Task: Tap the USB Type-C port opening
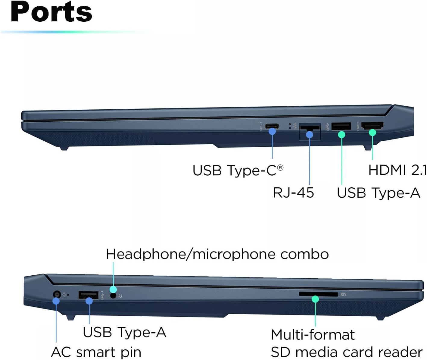tap(272, 126)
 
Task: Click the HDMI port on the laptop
tap(372, 125)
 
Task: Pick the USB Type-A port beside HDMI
tap(341, 126)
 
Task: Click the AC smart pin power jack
tap(57, 294)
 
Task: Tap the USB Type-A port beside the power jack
tap(89, 295)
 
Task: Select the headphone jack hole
tap(113, 296)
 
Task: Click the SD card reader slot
tap(318, 294)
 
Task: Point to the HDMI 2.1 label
tap(397, 170)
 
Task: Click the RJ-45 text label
tap(293, 193)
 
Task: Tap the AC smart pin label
tap(96, 352)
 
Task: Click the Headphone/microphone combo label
tap(217, 254)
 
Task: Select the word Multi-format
tap(313, 335)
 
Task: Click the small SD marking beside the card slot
tap(343, 295)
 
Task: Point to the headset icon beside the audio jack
tap(120, 296)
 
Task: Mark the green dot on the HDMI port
tap(372, 132)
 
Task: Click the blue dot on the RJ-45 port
tap(310, 135)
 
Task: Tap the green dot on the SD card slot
tap(315, 299)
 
